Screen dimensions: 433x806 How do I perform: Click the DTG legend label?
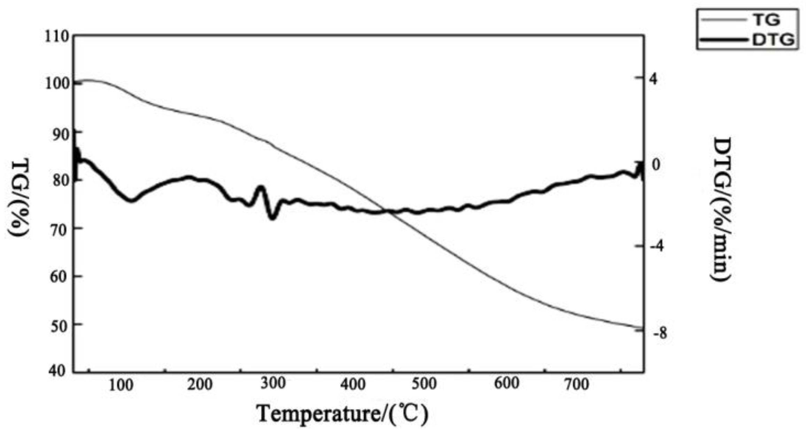tap(773, 40)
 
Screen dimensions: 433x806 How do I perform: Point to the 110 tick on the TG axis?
tap(56, 37)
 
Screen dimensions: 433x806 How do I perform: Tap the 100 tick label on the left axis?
tap(56, 84)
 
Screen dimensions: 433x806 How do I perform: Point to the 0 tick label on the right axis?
tap(656, 165)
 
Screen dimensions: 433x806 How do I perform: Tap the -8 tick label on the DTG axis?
tap(659, 334)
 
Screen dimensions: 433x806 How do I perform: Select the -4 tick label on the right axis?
tap(658, 246)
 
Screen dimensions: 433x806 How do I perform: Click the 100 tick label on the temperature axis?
tap(121, 386)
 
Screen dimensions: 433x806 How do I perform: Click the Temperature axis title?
tap(343, 414)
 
